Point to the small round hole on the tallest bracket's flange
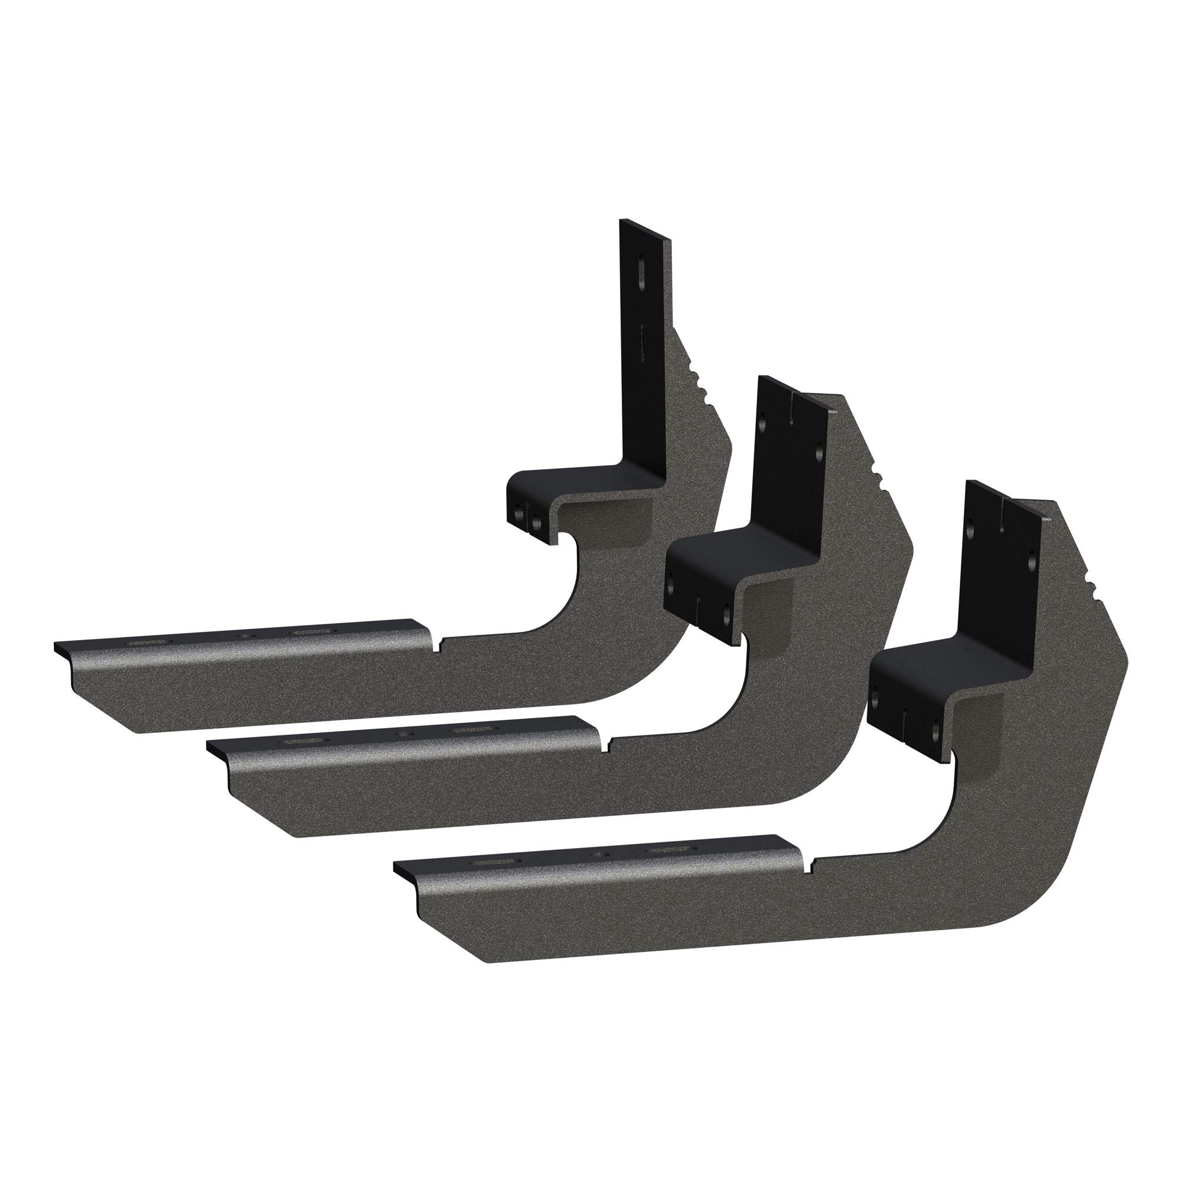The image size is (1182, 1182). [x=245, y=637]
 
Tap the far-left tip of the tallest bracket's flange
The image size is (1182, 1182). [x=56, y=645]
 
